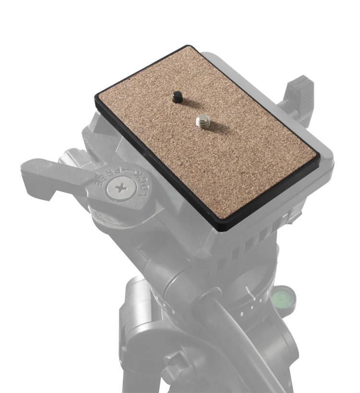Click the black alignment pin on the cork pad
tap(178, 97)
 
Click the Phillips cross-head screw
tap(121, 188)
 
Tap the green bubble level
tap(284, 298)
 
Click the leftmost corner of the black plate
tap(95, 98)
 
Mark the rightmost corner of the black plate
tap(320, 159)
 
